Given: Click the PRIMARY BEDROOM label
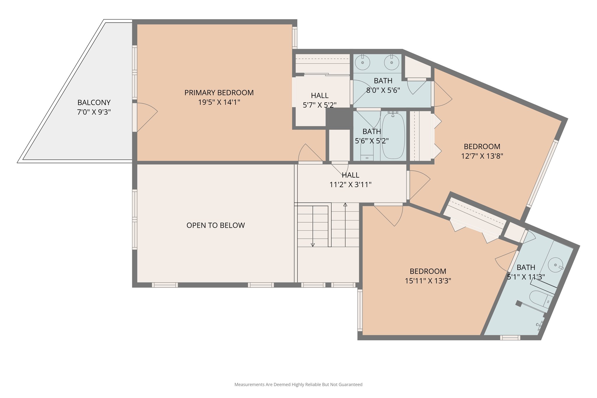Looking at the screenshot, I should pos(219,93).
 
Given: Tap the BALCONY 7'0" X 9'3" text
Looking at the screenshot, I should pos(94,107).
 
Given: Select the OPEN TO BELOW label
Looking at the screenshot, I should pos(215,225).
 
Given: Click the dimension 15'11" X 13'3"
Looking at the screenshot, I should pos(428,281).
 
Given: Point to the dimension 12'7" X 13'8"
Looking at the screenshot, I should pos(482,156).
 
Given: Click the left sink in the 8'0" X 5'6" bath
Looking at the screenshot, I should pos(362,62).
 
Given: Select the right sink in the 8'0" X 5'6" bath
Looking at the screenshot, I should pos(391,62).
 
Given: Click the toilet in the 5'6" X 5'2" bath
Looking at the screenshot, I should pos(367,153).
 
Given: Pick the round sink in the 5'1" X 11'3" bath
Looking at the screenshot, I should pos(555,265).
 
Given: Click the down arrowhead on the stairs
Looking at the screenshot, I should pos(312,245).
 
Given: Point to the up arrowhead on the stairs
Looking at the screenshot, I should pos(345,205).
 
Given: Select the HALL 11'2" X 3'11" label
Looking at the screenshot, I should pos(350,180).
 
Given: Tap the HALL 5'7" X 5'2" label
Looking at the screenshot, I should pos(319,100).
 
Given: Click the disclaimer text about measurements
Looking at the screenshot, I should pos(298,385).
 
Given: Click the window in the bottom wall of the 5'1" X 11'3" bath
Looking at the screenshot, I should pos(510,338).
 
